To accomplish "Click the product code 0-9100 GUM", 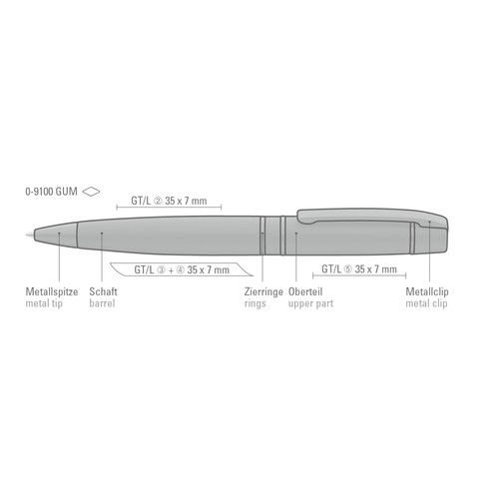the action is (51, 192).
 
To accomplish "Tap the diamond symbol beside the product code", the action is (91, 192).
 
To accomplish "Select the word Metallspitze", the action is (52, 291).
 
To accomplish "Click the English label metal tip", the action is (44, 303).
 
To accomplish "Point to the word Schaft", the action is (103, 291).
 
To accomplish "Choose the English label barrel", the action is (102, 303).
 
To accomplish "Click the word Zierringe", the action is (263, 291).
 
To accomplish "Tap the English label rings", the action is (255, 303).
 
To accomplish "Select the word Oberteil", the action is (305, 291).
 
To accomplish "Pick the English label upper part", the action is (310, 303).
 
